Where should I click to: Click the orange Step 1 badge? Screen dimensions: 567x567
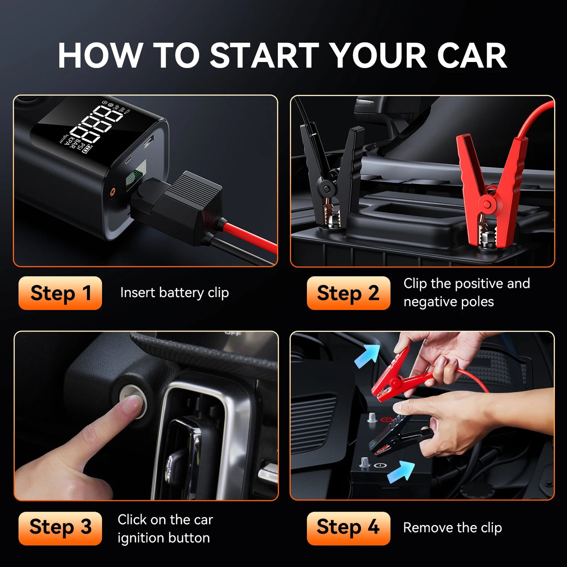(60, 293)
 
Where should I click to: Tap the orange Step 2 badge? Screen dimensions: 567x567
(348, 293)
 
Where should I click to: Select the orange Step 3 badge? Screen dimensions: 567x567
(60, 528)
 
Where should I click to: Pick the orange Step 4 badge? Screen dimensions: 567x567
(348, 528)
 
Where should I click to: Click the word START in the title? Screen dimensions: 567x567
(264, 56)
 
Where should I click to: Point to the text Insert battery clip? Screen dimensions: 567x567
(174, 293)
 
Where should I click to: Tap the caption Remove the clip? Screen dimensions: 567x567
(452, 528)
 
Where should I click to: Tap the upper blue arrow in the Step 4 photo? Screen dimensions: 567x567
(368, 356)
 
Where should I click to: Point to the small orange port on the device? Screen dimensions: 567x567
(113, 192)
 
